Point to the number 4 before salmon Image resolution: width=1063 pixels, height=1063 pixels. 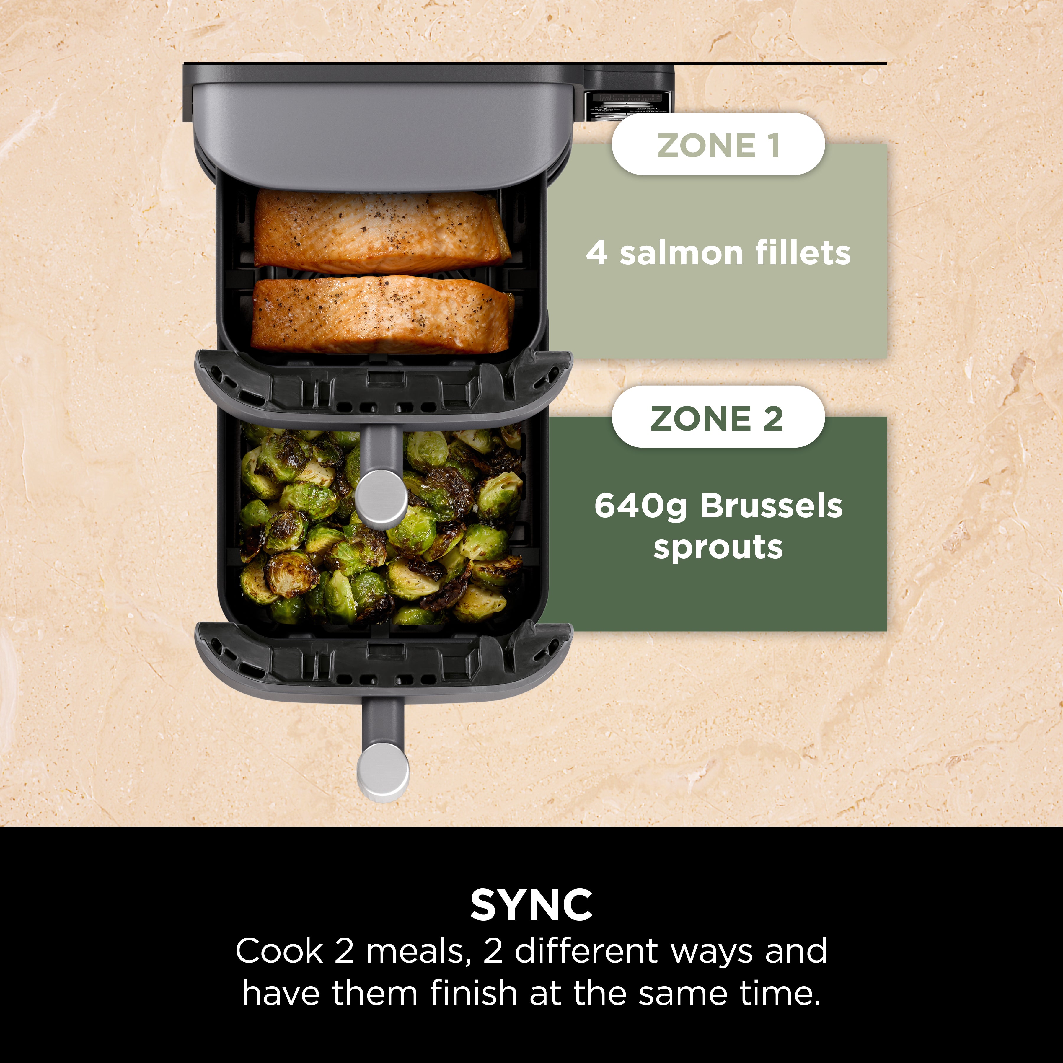[x=597, y=254]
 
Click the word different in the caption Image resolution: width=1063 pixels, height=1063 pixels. [x=586, y=951]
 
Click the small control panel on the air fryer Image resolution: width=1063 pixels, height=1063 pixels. [x=627, y=102]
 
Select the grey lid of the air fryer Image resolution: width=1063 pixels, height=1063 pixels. [x=380, y=132]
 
